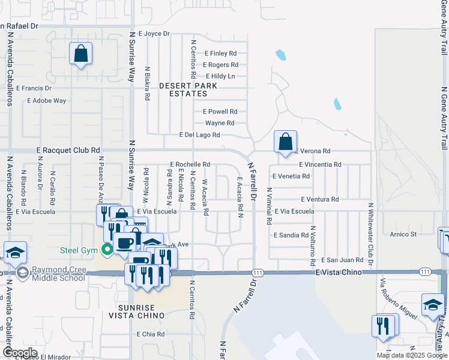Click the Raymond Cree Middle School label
point(59,274)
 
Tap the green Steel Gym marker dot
point(108,250)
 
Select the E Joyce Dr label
point(154,34)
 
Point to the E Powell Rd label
point(220,112)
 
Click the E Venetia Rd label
point(291,176)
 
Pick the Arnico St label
point(403,234)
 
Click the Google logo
point(20,352)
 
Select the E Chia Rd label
point(150,334)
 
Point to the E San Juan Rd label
point(342,260)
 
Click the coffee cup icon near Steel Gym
point(125,243)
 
